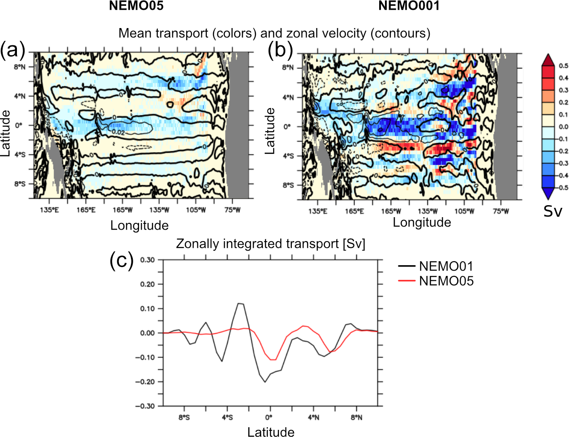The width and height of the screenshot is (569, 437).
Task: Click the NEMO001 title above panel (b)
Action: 409,6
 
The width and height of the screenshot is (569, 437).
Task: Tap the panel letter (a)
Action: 12,50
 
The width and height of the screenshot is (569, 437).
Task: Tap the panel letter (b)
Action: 280,50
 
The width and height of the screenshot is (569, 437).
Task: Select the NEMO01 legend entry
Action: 436,266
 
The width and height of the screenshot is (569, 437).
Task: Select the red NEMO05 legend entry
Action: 436,281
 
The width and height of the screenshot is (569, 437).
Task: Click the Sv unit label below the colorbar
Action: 553,211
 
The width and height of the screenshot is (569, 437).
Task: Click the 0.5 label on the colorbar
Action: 564,66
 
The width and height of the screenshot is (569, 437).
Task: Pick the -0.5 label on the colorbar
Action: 563,187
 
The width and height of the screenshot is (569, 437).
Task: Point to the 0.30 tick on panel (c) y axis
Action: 147,260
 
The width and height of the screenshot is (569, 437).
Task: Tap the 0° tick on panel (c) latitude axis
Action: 269,417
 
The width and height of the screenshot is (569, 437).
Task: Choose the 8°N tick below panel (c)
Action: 356,417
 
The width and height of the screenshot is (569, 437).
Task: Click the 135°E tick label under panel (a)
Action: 49,210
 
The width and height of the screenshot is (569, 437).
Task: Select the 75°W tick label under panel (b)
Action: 500,211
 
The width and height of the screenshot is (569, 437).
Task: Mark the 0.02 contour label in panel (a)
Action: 118,132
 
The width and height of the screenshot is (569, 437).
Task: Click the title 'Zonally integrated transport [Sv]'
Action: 270,244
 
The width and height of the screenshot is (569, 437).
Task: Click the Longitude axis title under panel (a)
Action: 139,226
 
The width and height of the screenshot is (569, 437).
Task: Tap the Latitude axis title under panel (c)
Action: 271,432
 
